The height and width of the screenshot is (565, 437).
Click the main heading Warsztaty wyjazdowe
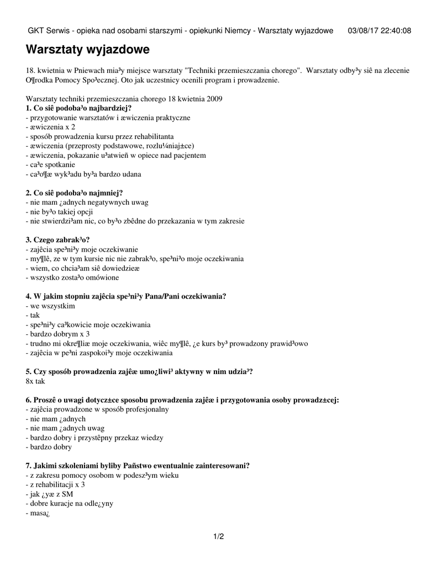[88, 50]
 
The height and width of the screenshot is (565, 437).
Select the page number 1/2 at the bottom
[218, 536]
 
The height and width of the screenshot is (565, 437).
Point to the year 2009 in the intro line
[214, 99]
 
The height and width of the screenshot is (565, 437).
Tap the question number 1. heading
[30, 108]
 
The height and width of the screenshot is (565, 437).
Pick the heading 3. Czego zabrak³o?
[57, 239]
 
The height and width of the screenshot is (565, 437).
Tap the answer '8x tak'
[35, 381]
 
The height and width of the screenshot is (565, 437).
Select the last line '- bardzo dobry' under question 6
[49, 447]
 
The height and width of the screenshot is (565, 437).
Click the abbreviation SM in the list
[68, 494]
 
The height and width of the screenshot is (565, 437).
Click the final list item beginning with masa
[38, 513]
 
